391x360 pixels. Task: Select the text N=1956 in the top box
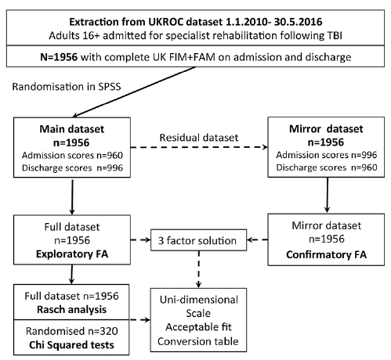[x=59, y=57]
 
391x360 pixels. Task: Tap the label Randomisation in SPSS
[x=67, y=87]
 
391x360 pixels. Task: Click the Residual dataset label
[x=199, y=138]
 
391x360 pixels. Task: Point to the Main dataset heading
[x=72, y=129]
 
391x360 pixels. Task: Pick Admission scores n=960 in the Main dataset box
[x=72, y=156]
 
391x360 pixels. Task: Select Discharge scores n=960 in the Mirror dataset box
[x=327, y=167]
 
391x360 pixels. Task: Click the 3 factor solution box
[x=198, y=240]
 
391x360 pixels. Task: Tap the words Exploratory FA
[x=72, y=254]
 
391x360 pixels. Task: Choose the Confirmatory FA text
[x=326, y=254]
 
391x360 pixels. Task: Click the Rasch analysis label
[x=71, y=310]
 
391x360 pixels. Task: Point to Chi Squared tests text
[x=71, y=345]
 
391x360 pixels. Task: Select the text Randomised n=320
[x=72, y=331]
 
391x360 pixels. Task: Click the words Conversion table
[x=198, y=341]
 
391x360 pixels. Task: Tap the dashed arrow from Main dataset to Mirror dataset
[x=199, y=147]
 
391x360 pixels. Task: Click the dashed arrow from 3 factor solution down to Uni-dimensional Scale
[x=199, y=269]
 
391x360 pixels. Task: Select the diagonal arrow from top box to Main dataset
[x=134, y=92]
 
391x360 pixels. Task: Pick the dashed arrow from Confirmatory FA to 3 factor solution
[x=257, y=239]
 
